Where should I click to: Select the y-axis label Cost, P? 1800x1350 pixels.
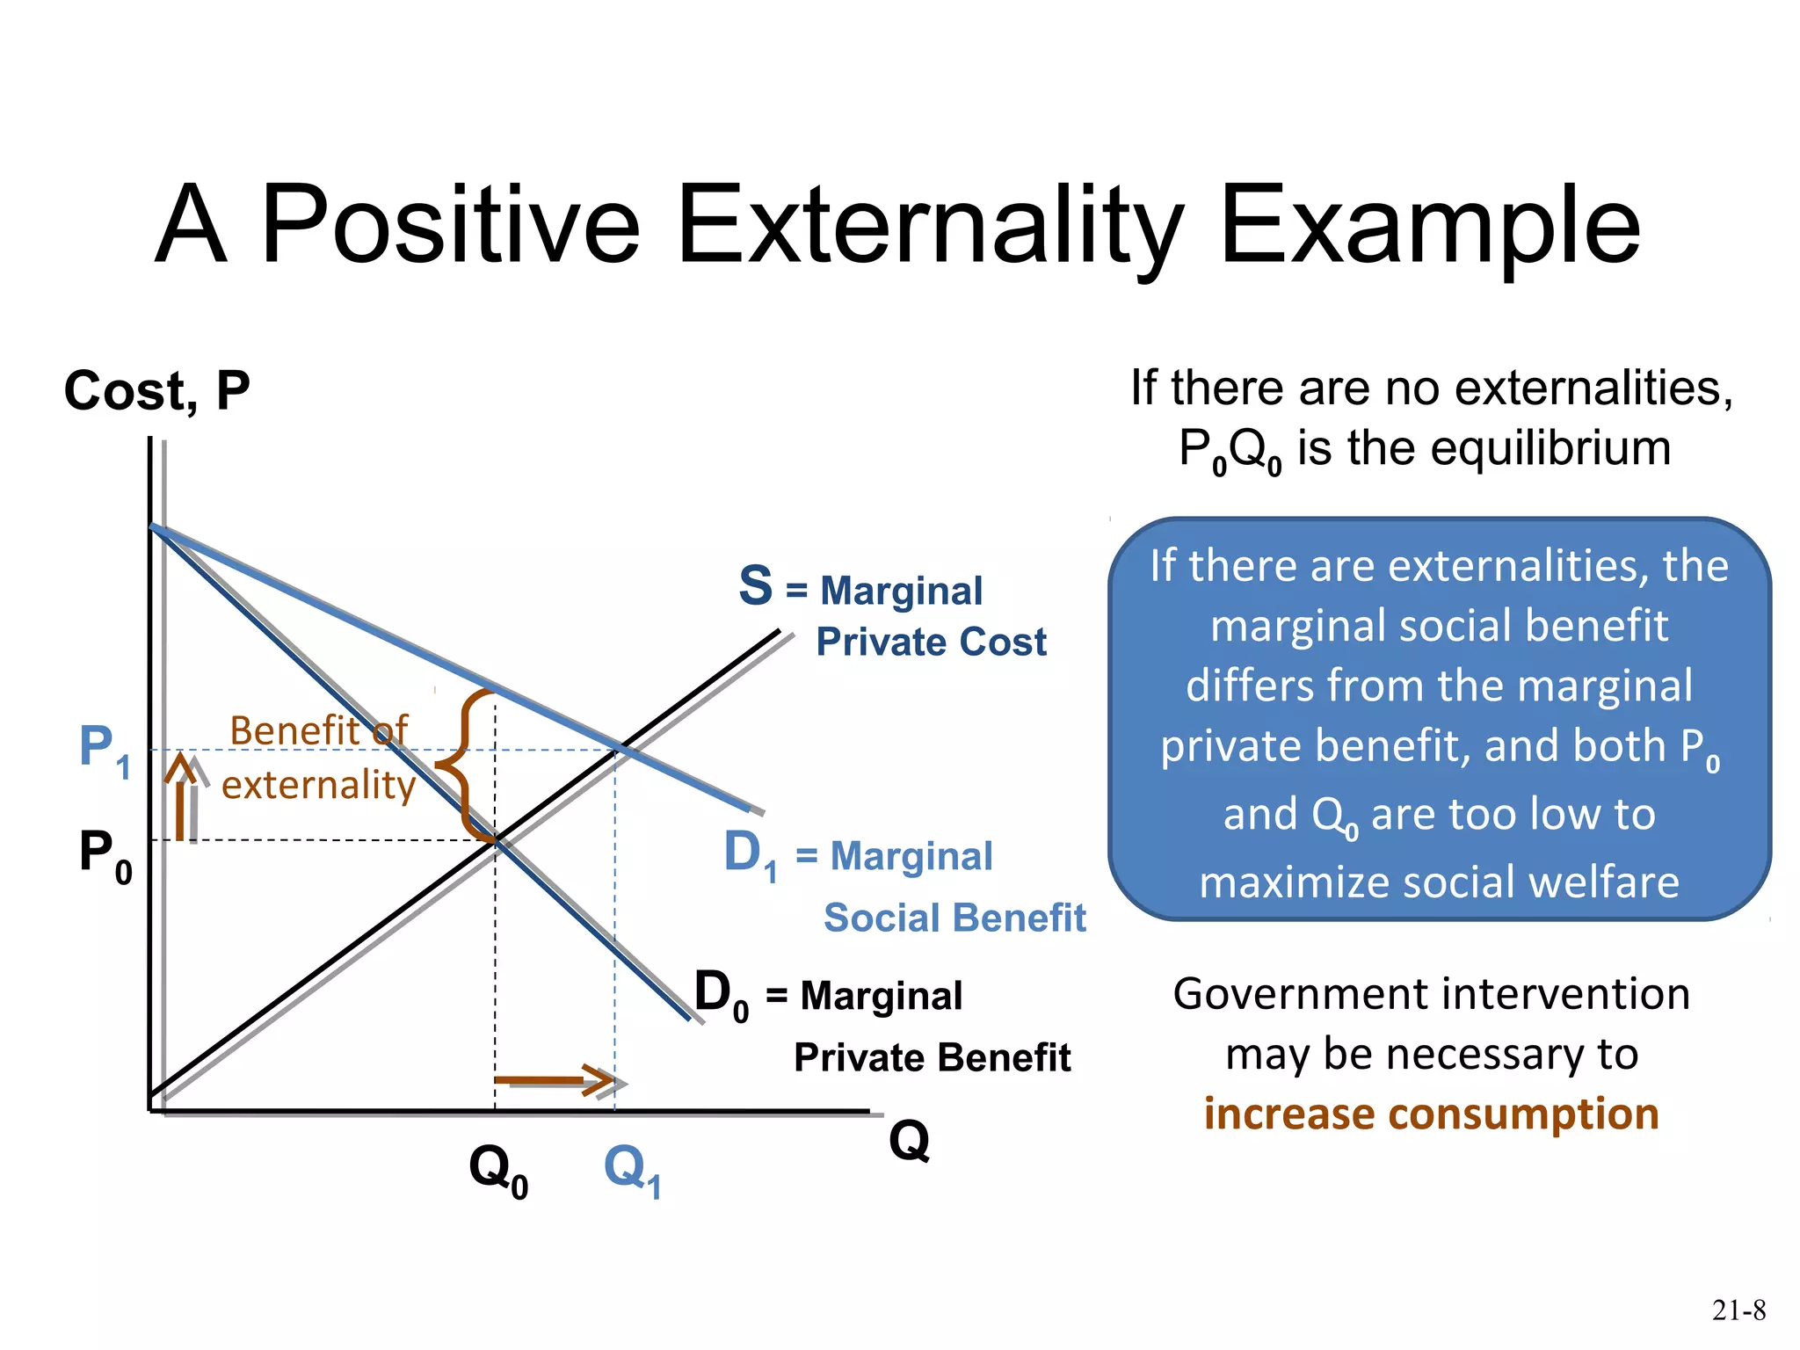156,390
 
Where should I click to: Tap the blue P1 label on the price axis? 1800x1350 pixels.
104,749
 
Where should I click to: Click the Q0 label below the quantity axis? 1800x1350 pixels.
497,1171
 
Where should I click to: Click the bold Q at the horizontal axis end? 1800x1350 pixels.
909,1141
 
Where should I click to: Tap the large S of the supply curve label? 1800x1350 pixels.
756,586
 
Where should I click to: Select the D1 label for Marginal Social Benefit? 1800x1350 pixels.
750,854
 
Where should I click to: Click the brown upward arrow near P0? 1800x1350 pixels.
182,795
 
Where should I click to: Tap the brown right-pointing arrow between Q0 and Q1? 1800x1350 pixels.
554,1080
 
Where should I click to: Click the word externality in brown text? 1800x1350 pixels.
318,785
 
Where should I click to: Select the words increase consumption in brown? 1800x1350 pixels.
1431,1114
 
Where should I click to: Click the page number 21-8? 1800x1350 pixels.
1738,1310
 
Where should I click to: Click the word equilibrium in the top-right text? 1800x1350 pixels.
1550,448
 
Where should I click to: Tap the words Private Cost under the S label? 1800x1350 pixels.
931,642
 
